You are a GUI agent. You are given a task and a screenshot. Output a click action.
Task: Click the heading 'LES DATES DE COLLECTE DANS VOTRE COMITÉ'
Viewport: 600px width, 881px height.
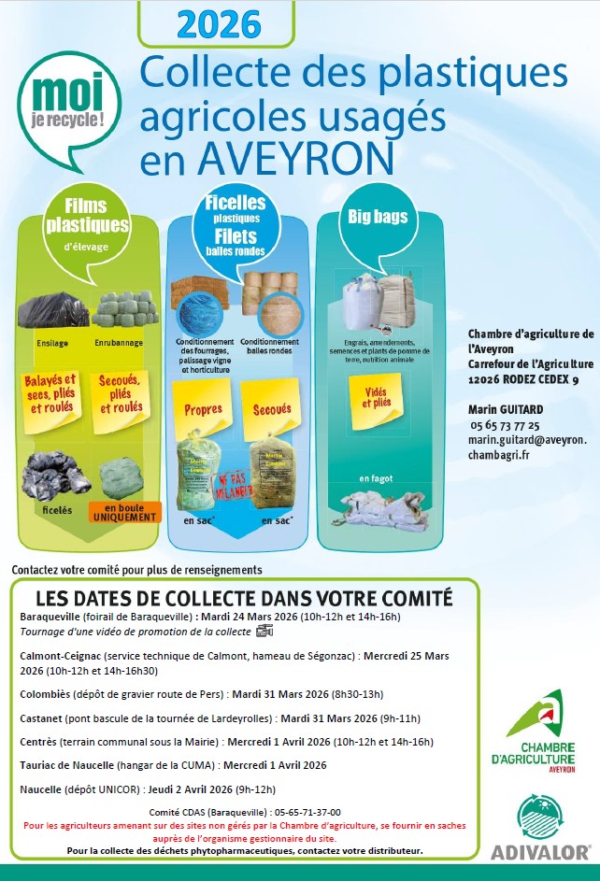point(243,597)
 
